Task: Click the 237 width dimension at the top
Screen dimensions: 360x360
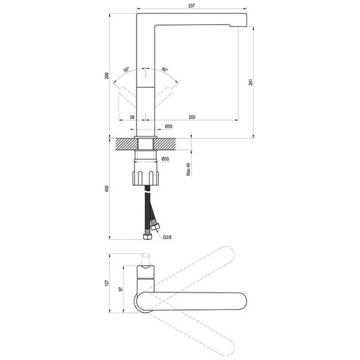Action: [191, 5]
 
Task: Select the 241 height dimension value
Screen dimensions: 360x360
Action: [251, 82]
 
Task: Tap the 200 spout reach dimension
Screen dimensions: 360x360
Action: [192, 117]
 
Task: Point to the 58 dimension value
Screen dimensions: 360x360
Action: [132, 117]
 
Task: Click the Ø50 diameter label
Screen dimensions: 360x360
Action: [169, 126]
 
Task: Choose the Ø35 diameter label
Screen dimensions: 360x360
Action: [165, 159]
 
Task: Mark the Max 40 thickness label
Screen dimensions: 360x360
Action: [188, 170]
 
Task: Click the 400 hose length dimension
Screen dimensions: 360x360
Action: [107, 188]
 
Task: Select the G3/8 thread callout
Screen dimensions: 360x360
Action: [167, 237]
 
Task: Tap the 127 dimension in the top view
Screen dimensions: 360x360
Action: [107, 283]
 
